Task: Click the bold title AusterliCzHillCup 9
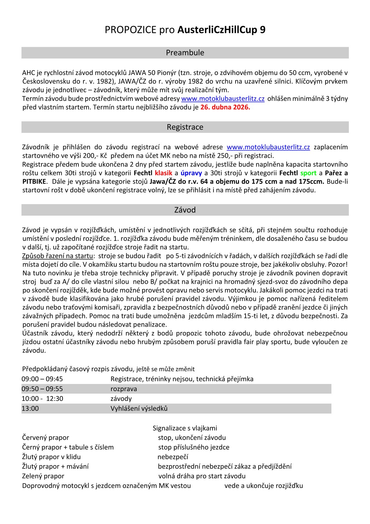(221, 30)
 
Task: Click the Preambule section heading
(185, 53)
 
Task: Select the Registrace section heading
(185, 127)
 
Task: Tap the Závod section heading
(185, 210)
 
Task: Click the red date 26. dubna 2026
(225, 107)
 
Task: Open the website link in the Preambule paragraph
(223, 99)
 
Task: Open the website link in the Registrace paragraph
(268, 147)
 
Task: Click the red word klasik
(163, 173)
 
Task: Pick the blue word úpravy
(191, 173)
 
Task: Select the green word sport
(308, 173)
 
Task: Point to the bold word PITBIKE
(34, 181)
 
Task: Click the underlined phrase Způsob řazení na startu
(58, 256)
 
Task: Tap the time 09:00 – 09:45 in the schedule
(42, 379)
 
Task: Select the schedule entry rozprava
(124, 389)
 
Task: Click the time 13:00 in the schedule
(30, 409)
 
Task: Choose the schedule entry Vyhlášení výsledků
(139, 409)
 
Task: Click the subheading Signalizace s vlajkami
(185, 428)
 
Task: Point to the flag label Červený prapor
(45, 438)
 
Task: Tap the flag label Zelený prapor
(43, 476)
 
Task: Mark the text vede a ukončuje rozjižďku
(264, 486)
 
